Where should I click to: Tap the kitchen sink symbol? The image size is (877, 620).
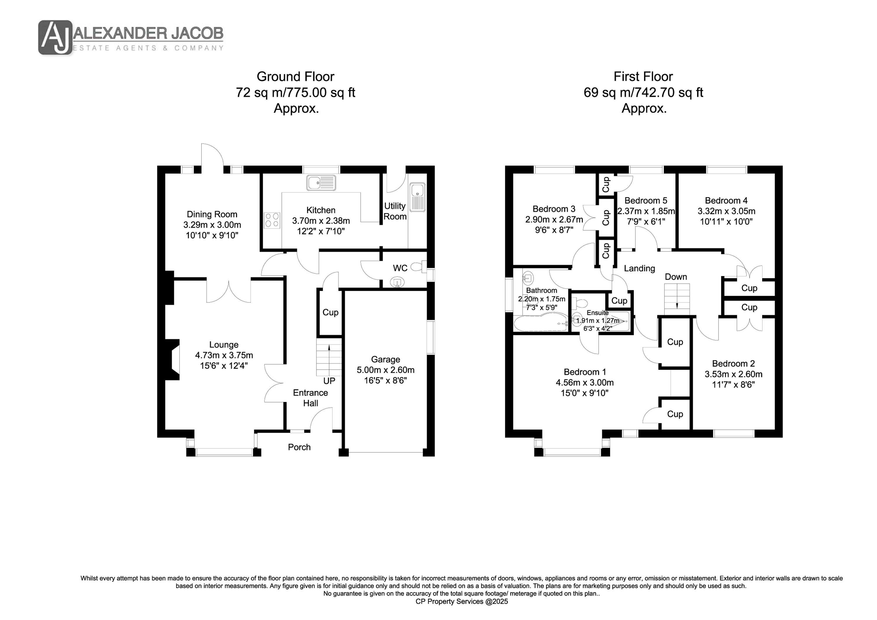click(321, 183)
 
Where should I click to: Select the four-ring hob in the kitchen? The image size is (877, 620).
click(272, 220)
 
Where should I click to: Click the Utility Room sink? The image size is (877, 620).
click(417, 197)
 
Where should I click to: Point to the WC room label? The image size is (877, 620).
click(400, 268)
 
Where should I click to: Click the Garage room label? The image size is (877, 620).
click(385, 360)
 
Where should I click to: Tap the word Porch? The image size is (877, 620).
click(299, 447)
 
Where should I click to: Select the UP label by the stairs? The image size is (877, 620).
click(329, 381)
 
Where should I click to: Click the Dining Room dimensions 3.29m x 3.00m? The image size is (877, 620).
click(212, 225)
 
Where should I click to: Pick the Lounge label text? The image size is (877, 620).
click(224, 345)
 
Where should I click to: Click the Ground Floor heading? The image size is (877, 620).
click(295, 77)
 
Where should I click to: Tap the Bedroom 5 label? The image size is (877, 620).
click(646, 201)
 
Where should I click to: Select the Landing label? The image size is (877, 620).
click(639, 269)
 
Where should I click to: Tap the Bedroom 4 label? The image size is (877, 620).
click(726, 201)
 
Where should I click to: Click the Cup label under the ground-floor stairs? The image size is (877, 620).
click(330, 312)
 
